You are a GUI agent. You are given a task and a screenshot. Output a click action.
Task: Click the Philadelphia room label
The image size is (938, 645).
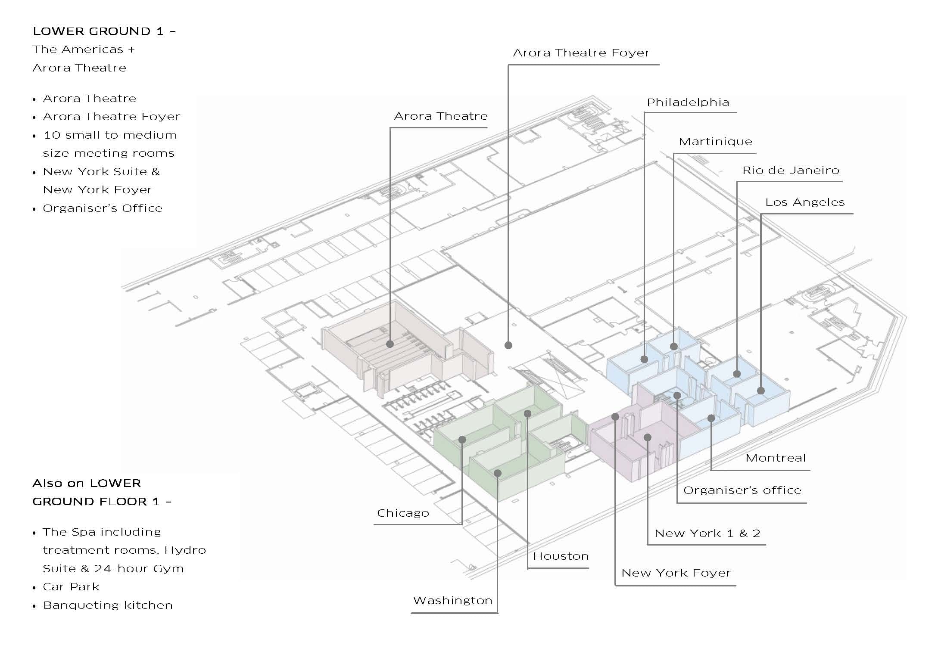point(688,102)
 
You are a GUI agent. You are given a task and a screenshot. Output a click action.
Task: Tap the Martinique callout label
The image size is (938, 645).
point(715,142)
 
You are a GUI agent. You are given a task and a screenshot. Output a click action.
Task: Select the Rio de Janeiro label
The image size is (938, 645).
point(790,171)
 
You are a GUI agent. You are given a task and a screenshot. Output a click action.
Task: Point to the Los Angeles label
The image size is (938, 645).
point(804,202)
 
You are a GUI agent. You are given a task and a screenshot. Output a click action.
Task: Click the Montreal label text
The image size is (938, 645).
point(775,458)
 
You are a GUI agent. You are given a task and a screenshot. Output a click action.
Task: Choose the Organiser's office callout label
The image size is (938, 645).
point(742,490)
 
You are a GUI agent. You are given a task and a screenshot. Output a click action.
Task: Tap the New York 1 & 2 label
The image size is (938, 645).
point(707,533)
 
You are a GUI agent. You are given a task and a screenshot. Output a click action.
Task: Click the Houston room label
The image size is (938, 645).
point(561,556)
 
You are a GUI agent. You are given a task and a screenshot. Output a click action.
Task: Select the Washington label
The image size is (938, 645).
point(452,601)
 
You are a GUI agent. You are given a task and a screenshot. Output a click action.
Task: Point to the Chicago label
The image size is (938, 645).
point(403,513)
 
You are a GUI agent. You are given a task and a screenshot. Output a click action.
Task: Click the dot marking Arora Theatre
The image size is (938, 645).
point(390,344)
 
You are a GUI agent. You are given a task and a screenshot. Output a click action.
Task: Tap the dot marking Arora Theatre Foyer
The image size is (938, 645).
point(508,345)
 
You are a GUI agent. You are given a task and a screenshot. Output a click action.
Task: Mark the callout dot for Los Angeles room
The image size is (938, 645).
point(761,391)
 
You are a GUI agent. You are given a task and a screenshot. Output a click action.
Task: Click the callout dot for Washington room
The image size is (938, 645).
point(498,473)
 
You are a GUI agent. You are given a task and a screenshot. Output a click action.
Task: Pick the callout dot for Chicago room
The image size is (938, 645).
point(462,440)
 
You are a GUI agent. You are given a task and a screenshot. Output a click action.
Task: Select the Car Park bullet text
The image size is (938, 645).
point(71,587)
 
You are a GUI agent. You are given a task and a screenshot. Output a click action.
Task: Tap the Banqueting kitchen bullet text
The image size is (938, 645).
point(108,605)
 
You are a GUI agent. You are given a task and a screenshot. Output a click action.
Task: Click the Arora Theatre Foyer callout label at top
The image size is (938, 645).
point(581,53)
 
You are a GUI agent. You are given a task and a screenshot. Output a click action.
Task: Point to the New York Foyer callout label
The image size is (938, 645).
point(676,573)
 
